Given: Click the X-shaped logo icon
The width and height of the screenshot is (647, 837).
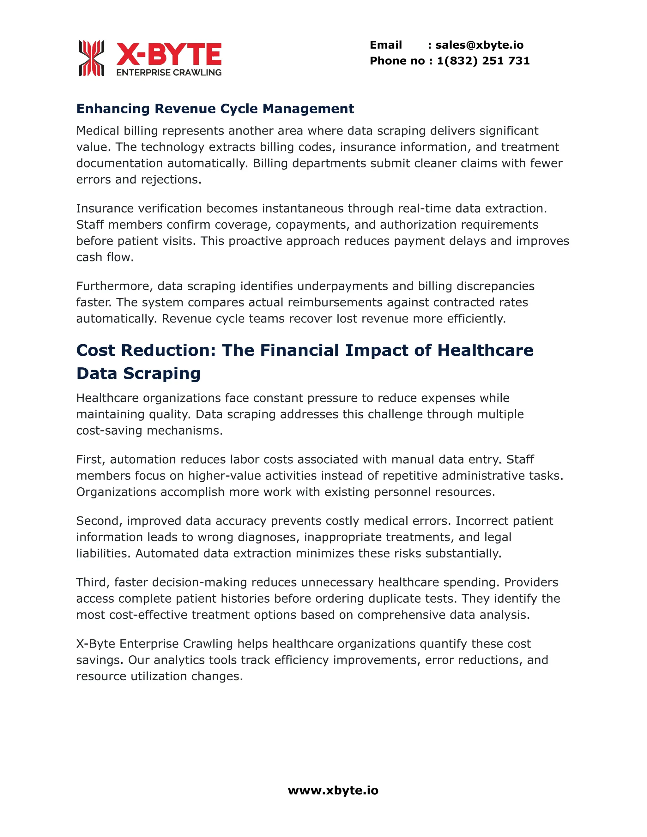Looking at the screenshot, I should point(91,58).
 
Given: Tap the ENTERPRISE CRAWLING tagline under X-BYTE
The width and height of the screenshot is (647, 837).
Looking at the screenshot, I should point(169,72).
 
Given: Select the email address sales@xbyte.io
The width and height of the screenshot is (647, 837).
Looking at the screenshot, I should point(479,45).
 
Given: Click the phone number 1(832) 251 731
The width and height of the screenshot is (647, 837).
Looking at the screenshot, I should point(483,61).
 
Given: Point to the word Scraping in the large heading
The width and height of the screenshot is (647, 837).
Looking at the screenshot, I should point(162,374).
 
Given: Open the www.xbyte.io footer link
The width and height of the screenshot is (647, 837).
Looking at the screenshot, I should point(333,791).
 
